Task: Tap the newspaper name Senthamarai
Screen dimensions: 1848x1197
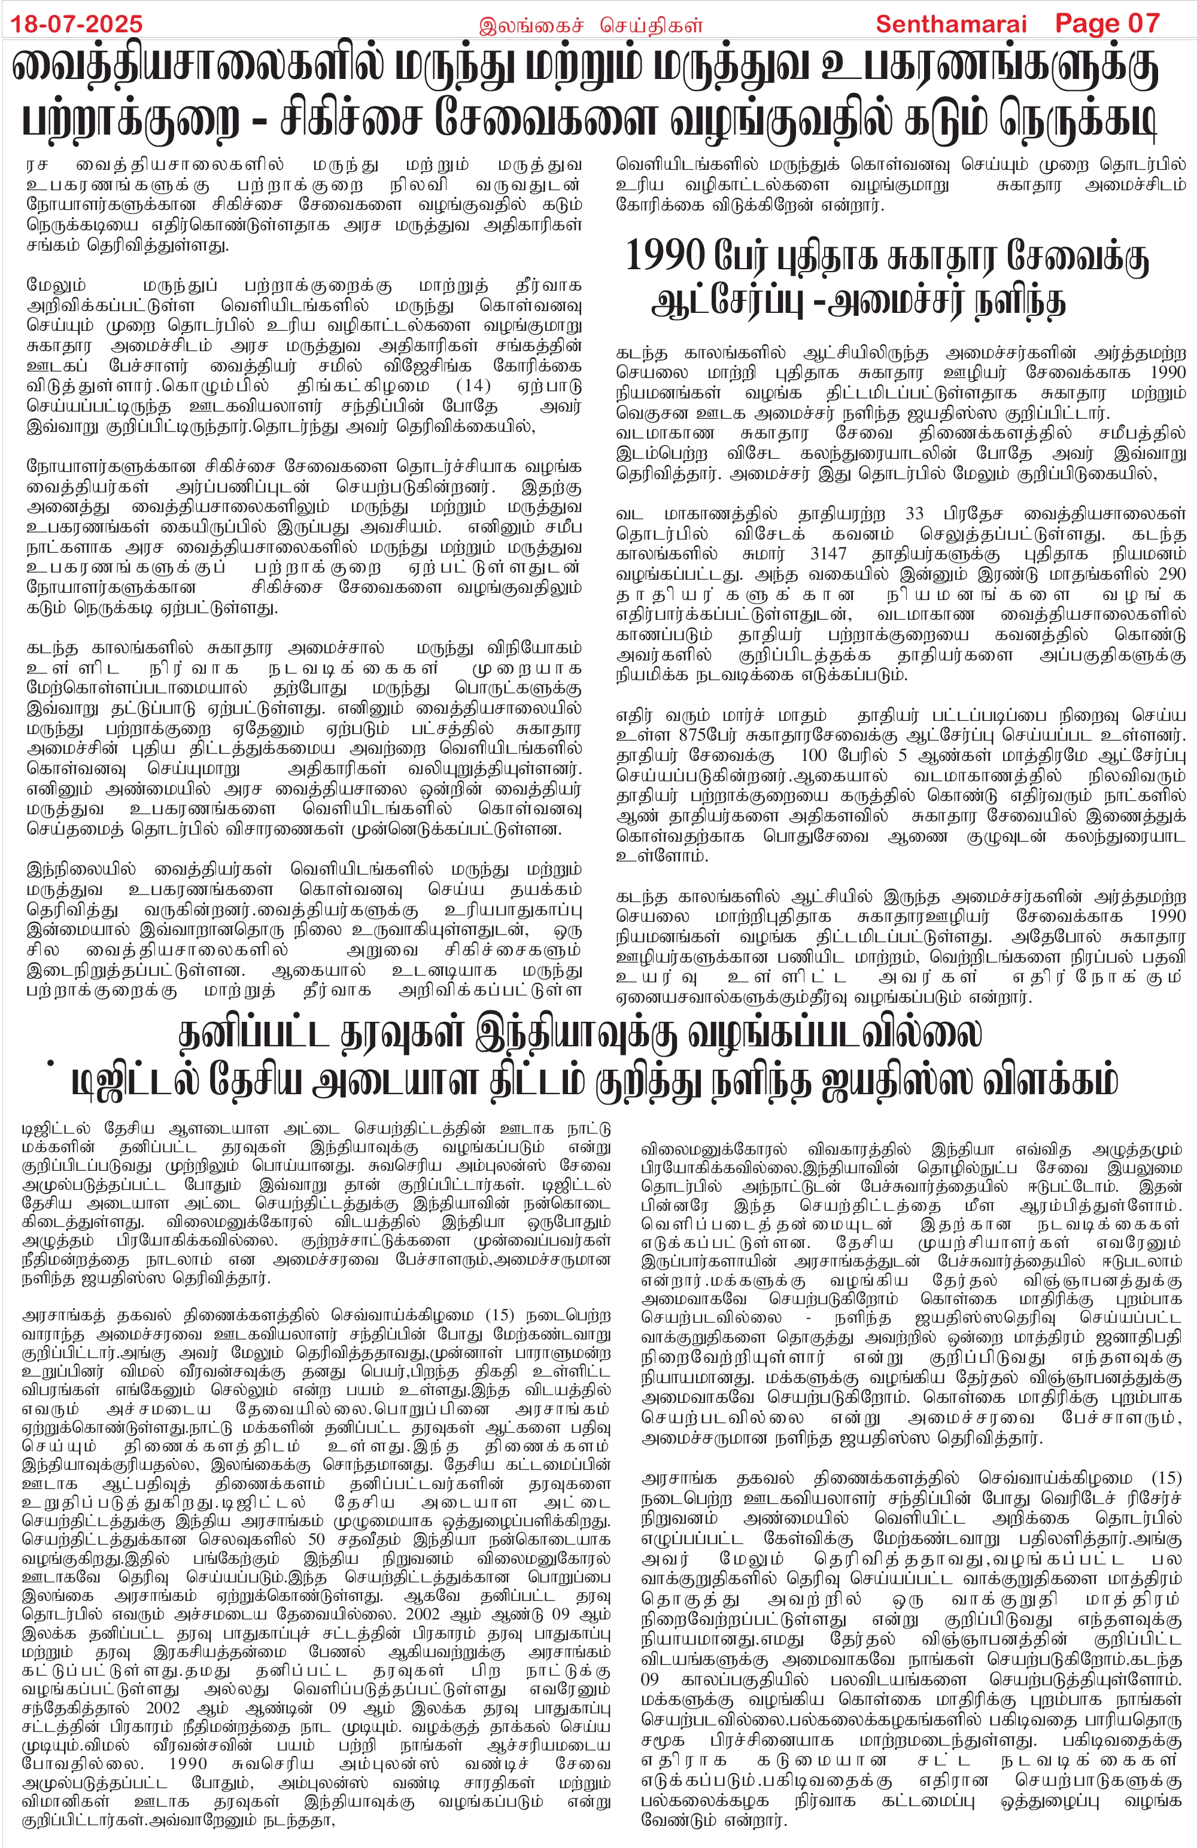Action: [951, 23]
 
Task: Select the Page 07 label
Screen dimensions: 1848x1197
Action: [1107, 23]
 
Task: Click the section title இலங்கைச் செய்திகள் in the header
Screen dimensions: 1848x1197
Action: [590, 25]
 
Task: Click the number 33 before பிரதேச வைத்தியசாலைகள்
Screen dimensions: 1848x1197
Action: [915, 514]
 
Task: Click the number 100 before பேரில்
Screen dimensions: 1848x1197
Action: [814, 756]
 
